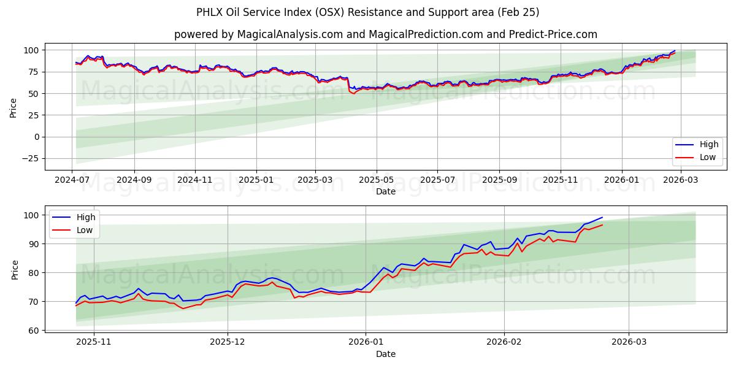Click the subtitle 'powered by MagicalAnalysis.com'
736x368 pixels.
coord(385,34)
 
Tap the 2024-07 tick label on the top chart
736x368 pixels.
coord(72,180)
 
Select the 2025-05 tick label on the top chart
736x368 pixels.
coord(376,180)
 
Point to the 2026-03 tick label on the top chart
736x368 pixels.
coord(680,180)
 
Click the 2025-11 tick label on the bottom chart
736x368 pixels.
coord(94,342)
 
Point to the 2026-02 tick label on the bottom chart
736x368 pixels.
coord(504,342)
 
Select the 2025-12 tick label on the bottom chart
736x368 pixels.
coord(228,342)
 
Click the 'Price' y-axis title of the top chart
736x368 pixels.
coord(13,108)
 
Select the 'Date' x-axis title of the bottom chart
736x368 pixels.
coord(385,354)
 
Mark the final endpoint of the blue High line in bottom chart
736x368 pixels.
coord(602,217)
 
